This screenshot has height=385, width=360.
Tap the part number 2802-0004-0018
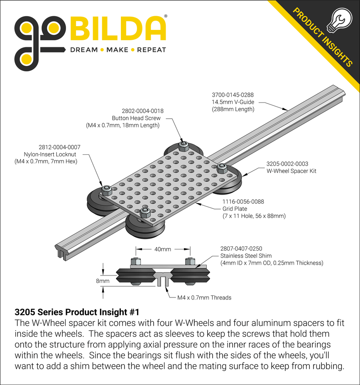(x=142, y=111)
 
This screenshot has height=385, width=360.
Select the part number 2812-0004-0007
(x=59, y=147)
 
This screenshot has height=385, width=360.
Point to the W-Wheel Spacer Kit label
(x=291, y=171)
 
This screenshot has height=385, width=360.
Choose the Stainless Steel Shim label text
(x=246, y=256)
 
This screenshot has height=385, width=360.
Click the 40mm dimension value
(x=162, y=249)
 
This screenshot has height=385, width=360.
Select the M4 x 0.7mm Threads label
(x=204, y=297)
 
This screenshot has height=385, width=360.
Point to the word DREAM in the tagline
(x=83, y=50)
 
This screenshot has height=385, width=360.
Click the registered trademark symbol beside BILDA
(x=166, y=17)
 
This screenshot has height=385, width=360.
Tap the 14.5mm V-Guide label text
(x=233, y=102)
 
